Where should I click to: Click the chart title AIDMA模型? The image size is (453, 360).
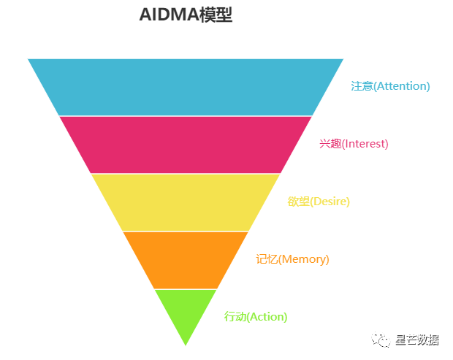pyautogui.click(x=186, y=15)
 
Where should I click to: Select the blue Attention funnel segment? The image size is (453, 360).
pyautogui.click(x=186, y=87)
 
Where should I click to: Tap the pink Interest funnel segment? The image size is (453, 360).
pyautogui.click(x=186, y=145)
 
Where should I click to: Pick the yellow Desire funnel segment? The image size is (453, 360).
pyautogui.click(x=186, y=202)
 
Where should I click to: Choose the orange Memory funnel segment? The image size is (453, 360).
pyautogui.click(x=186, y=260)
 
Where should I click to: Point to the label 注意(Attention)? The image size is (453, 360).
pyautogui.click(x=390, y=86)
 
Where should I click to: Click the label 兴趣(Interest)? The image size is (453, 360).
pyautogui.click(x=354, y=144)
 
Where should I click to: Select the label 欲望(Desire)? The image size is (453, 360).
pyautogui.click(x=319, y=202)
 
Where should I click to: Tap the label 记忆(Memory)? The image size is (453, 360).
pyautogui.click(x=292, y=259)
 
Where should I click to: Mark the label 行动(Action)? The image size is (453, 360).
pyautogui.click(x=256, y=317)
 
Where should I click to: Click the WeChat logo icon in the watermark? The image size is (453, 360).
pyautogui.click(x=381, y=340)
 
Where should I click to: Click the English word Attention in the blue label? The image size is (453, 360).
pyautogui.click(x=401, y=86)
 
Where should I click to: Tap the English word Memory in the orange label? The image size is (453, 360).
pyautogui.click(x=304, y=259)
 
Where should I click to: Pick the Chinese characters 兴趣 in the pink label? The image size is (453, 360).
pyautogui.click(x=330, y=144)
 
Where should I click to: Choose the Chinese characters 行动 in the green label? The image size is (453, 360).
pyautogui.click(x=235, y=317)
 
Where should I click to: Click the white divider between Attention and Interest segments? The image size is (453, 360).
pyautogui.click(x=186, y=116)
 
